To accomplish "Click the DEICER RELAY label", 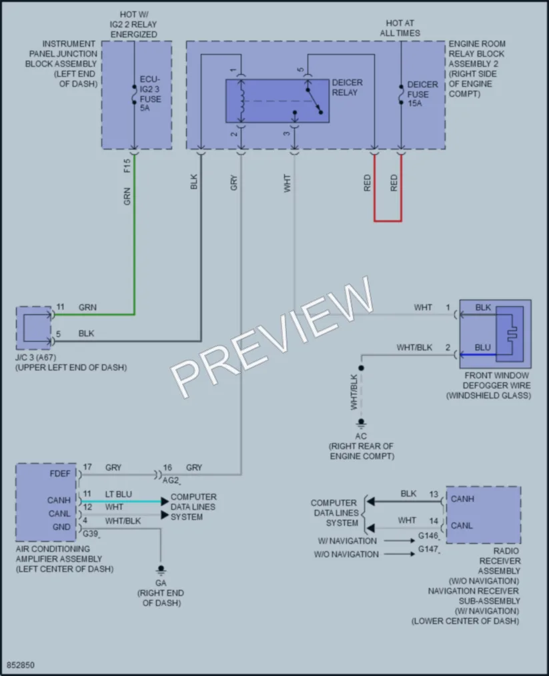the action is [347, 87].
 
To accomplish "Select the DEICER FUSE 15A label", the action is [422, 94].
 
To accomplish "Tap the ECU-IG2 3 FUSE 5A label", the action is [150, 93].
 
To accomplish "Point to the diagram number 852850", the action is [21, 665].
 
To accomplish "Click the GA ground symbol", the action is [161, 571].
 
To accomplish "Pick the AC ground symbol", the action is [361, 423].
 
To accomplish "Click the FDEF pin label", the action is [60, 474].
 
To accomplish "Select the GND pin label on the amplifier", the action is [62, 527].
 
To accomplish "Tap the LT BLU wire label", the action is [119, 494].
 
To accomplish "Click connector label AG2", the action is [171, 480].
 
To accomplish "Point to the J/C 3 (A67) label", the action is [36, 358].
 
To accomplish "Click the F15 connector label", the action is [127, 166].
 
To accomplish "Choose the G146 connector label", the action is [428, 536].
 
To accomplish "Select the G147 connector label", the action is [428, 549].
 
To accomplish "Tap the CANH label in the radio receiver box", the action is [462, 498].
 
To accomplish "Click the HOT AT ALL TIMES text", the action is [400, 28].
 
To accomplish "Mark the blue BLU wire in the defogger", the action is [478, 355].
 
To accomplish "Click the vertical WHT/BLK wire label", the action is [354, 392].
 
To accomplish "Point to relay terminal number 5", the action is [301, 70].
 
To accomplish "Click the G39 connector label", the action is [91, 534].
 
